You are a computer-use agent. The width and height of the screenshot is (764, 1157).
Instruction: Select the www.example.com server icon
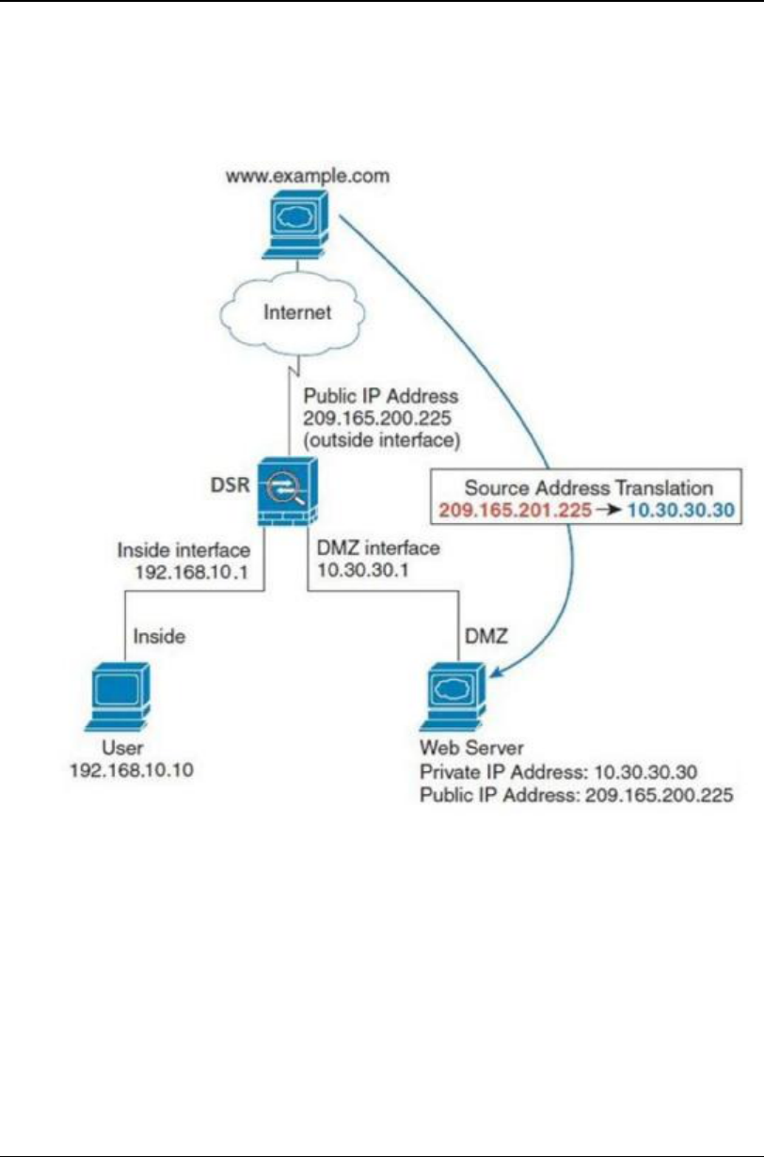298,223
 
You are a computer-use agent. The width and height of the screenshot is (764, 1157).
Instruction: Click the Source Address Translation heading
589,490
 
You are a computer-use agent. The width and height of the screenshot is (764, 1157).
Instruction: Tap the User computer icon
118,695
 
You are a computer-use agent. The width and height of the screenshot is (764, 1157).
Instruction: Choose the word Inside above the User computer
159,636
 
